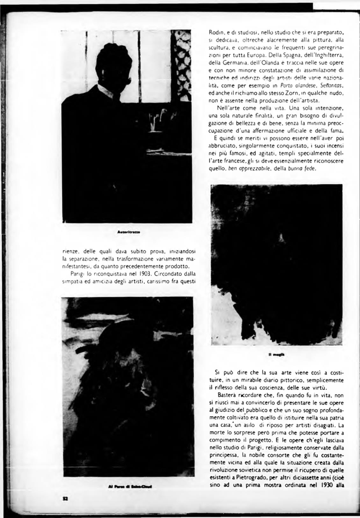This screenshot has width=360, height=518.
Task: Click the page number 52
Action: click(x=65, y=499)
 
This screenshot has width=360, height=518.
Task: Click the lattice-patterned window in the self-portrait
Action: click(x=180, y=64)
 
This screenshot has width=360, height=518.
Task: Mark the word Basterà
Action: click(x=225, y=396)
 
